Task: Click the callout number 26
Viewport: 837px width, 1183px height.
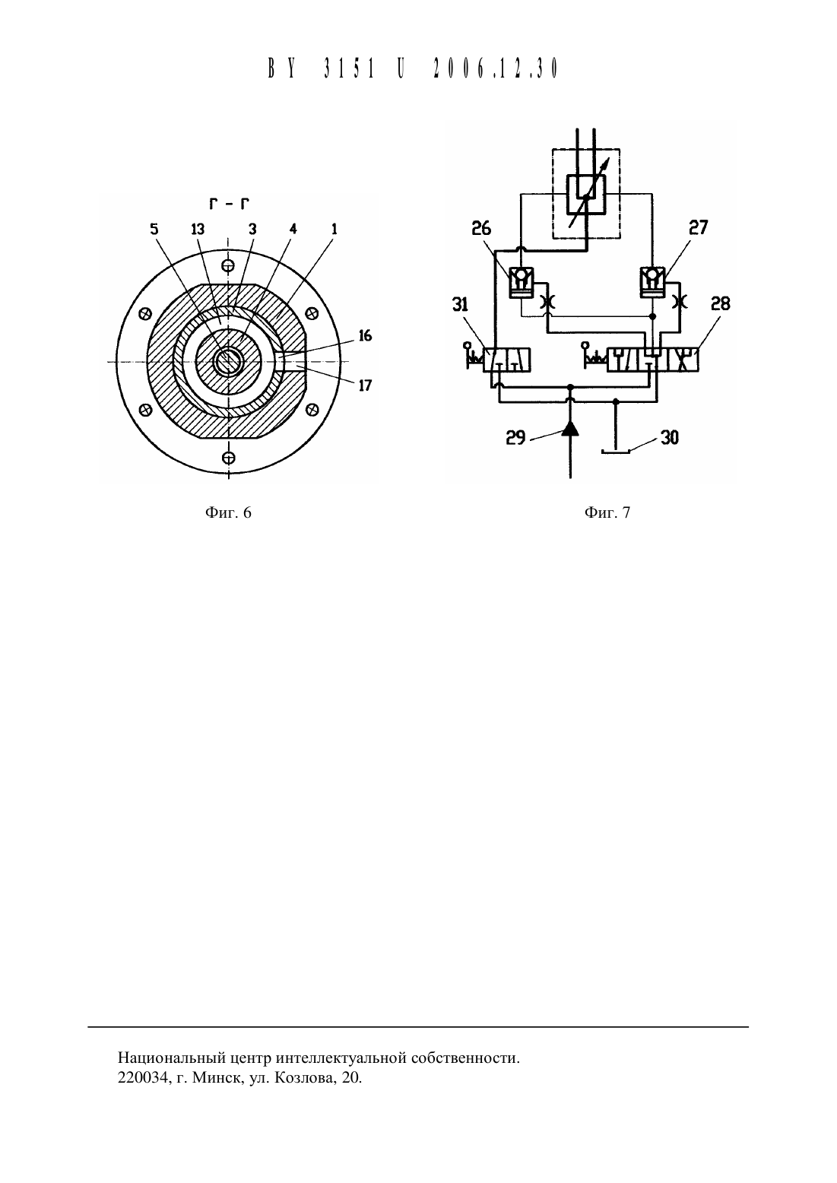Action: tap(481, 228)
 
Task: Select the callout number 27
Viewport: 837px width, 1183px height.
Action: tap(698, 227)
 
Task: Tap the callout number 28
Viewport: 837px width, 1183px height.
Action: tap(720, 303)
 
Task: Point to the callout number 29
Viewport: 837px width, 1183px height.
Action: tap(515, 438)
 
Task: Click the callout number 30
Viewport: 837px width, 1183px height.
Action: tap(670, 438)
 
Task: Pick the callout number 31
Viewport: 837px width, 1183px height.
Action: tap(461, 305)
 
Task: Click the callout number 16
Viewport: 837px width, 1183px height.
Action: tap(365, 336)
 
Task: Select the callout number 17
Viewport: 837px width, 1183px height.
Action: tap(365, 385)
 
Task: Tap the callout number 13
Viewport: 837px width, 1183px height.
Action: tap(198, 229)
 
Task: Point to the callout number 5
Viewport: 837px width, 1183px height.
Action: tap(154, 229)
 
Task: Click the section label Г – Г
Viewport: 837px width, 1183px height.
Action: tap(229, 203)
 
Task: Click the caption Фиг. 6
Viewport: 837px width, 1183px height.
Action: tap(228, 512)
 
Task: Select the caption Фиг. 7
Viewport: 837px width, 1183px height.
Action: tap(607, 512)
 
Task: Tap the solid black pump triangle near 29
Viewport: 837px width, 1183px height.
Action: tap(570, 429)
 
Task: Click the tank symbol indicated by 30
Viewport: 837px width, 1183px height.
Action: tap(616, 451)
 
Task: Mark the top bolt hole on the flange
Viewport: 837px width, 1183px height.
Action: tap(228, 265)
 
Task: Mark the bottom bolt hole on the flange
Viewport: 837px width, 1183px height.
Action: tap(228, 457)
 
